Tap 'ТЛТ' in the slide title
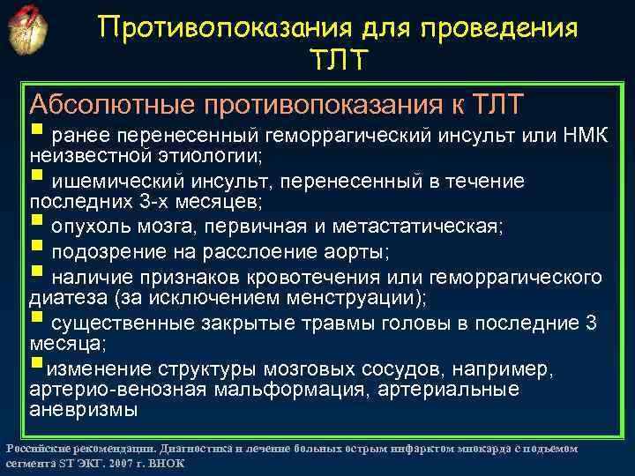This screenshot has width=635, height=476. (x=339, y=61)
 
